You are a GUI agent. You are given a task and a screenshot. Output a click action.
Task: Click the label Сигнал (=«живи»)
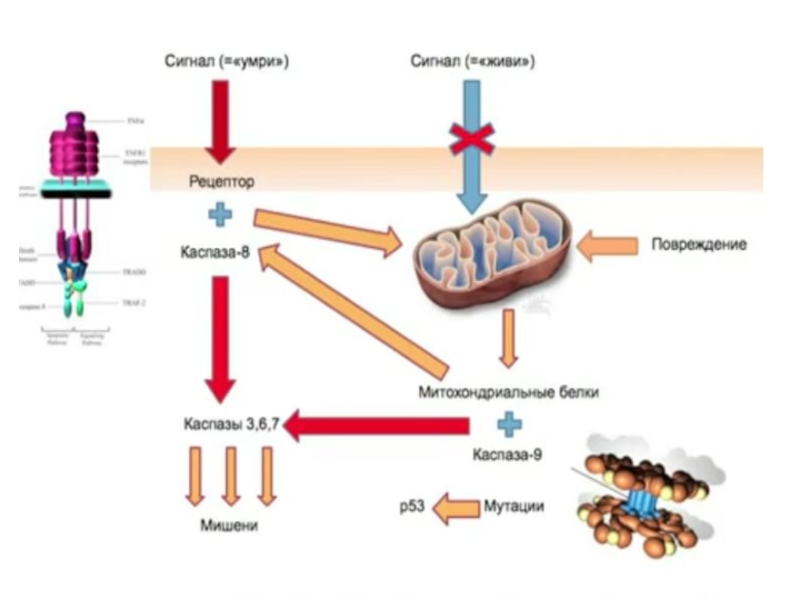click(x=472, y=62)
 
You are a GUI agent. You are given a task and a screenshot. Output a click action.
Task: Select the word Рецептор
click(x=221, y=182)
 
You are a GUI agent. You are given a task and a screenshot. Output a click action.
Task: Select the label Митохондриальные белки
click(x=509, y=392)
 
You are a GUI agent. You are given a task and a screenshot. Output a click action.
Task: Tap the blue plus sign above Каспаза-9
click(x=510, y=424)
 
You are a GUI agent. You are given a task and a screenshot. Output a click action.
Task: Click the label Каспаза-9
click(x=509, y=455)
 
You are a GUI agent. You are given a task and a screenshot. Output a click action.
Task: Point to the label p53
click(x=412, y=507)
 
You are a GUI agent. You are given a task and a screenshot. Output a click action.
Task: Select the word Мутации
click(x=513, y=507)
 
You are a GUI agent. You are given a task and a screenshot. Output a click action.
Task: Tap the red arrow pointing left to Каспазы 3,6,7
click(x=380, y=426)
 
